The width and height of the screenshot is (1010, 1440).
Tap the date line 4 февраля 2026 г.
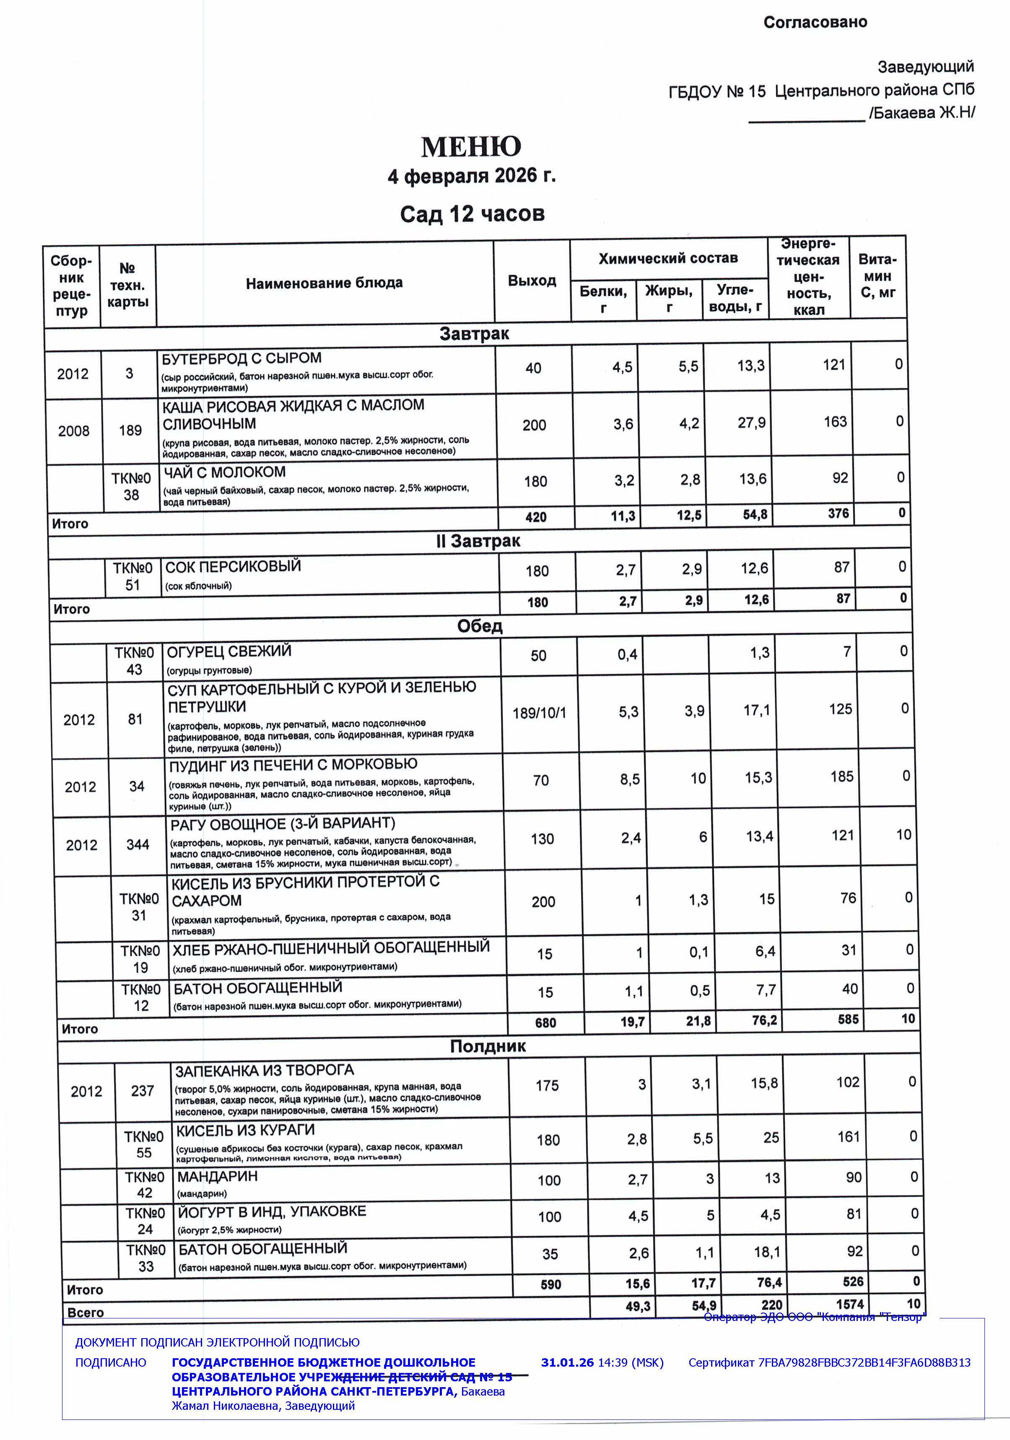(471, 176)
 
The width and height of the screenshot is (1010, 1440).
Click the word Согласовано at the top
(815, 23)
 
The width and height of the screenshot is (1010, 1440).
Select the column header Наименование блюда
(324, 283)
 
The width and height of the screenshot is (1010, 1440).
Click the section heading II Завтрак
(478, 541)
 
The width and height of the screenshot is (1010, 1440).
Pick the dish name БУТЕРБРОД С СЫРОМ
(241, 359)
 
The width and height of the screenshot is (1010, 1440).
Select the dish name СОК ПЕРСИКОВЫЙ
(233, 566)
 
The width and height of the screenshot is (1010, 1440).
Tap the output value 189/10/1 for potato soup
(539, 713)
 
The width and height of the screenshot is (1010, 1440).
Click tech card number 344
(138, 844)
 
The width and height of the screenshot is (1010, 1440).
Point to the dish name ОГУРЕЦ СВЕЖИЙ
(229, 651)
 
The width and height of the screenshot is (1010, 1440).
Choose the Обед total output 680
(545, 1023)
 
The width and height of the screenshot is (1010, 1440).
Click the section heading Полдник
(488, 1046)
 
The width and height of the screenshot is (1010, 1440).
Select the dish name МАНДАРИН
(217, 1177)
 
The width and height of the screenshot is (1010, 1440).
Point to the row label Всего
(85, 1312)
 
